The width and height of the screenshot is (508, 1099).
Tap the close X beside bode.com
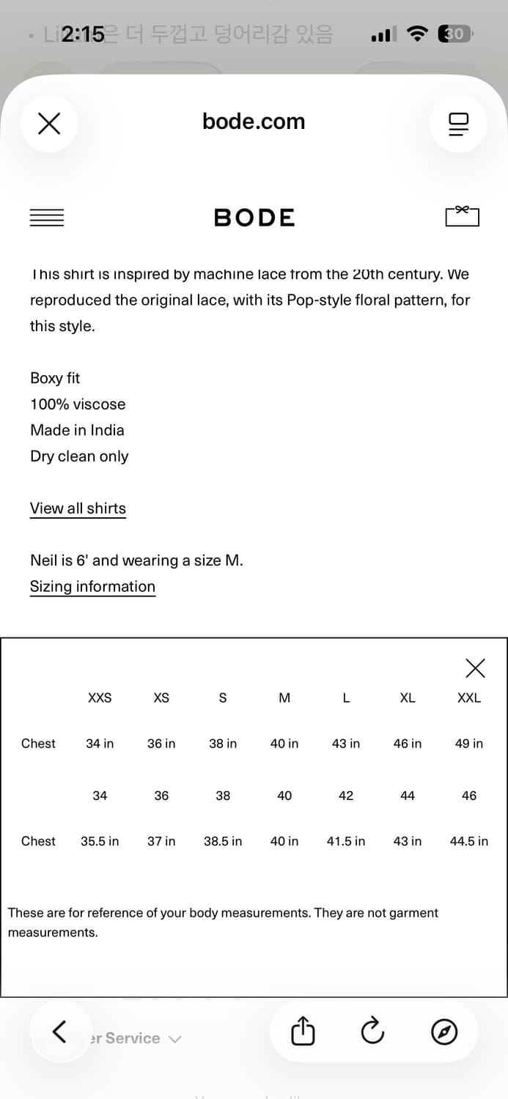coord(49,123)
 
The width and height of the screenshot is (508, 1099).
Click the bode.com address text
coord(254,122)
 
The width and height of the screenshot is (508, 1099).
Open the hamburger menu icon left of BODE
coord(47,218)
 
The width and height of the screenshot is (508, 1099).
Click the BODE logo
coord(254,218)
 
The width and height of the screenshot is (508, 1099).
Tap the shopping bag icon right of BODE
coord(462,216)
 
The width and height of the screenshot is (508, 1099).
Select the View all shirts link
coord(78,508)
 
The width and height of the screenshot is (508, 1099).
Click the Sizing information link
coord(92,587)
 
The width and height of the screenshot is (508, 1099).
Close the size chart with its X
coord(475,668)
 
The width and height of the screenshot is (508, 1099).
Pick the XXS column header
coord(100,698)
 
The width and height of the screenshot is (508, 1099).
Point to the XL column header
coord(408,698)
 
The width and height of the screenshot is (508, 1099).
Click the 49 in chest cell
coord(469,744)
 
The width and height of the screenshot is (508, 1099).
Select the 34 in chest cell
coord(100,744)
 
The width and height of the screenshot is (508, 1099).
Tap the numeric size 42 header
coord(346,796)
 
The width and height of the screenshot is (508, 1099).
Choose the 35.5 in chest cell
coord(100,841)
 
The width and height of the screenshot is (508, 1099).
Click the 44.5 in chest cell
coord(469,841)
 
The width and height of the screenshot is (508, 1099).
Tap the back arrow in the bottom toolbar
coord(59,1032)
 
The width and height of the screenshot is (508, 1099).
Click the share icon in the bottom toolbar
coord(303,1032)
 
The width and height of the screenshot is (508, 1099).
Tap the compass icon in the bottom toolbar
coord(444,1032)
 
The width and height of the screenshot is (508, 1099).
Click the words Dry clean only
coord(79,456)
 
